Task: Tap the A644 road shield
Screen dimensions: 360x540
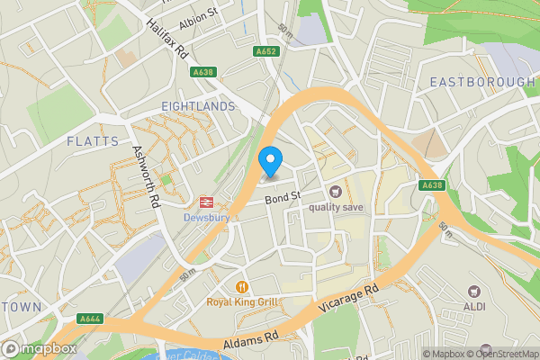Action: [90, 317]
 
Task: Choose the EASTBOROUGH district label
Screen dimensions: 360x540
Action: [481, 82]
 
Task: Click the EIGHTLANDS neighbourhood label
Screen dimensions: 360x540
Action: [198, 106]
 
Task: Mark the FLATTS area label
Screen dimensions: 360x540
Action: [92, 141]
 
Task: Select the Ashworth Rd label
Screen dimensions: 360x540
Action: [145, 177]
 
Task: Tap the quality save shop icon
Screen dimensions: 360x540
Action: [336, 191]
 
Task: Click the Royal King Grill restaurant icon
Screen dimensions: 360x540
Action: [241, 287]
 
